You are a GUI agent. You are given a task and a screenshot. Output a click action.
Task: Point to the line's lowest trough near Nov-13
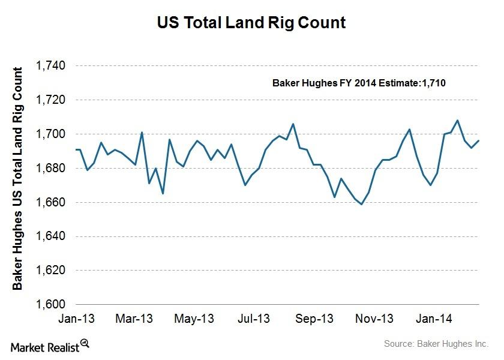point(361,204)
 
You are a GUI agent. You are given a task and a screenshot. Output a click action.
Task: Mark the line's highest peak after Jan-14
point(458,120)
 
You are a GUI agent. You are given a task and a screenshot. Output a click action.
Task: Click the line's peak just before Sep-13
point(293,124)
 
